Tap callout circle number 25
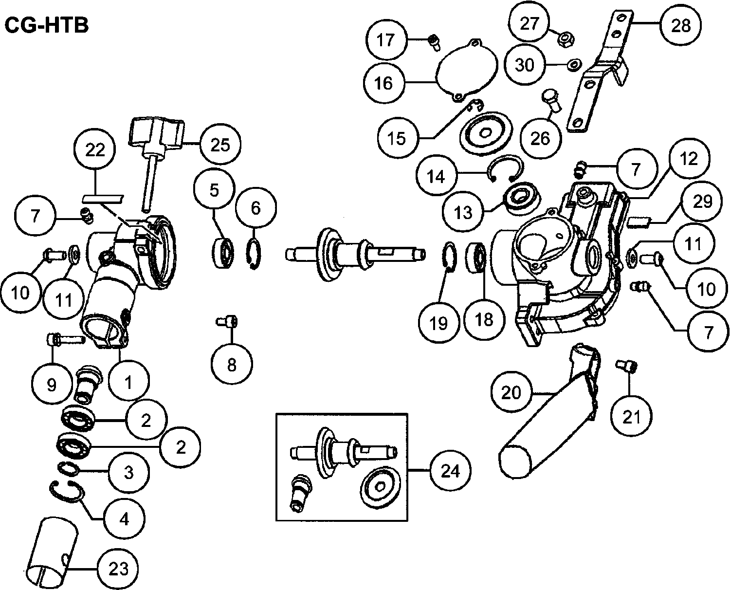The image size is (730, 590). pos(220,145)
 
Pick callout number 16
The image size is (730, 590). pos(384,83)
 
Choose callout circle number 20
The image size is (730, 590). pos(511,393)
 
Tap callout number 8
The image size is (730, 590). pos(232,364)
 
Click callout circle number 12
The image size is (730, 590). pos(689,159)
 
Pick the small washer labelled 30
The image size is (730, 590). pos(574,64)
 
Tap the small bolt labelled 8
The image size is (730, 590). pos(228,321)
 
